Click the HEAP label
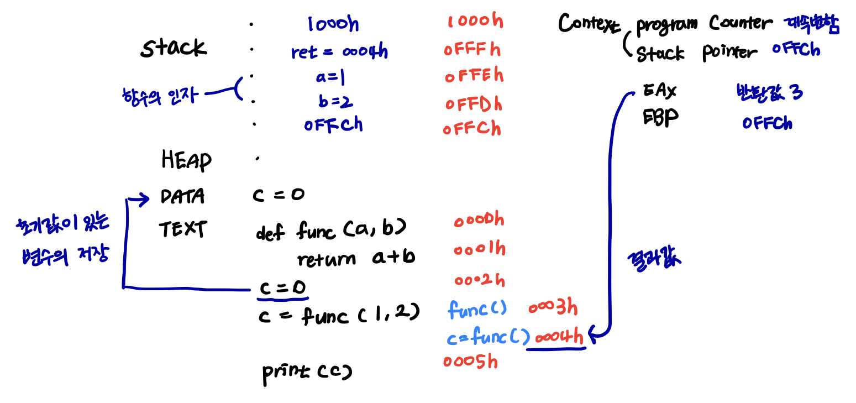(x=186, y=160)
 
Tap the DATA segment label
(x=182, y=196)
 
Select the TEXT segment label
(x=182, y=228)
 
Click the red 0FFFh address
(x=472, y=50)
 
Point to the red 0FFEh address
(x=474, y=75)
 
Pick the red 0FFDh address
(x=474, y=103)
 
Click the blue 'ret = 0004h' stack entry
(x=339, y=52)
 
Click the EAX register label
(x=660, y=91)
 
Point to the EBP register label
(x=660, y=117)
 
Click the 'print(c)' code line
(x=307, y=372)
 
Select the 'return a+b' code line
(x=355, y=258)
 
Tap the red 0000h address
(x=479, y=221)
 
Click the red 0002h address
(x=479, y=280)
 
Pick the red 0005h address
(x=470, y=362)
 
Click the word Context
(x=589, y=24)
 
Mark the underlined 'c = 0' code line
(x=282, y=288)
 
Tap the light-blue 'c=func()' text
(x=488, y=336)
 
